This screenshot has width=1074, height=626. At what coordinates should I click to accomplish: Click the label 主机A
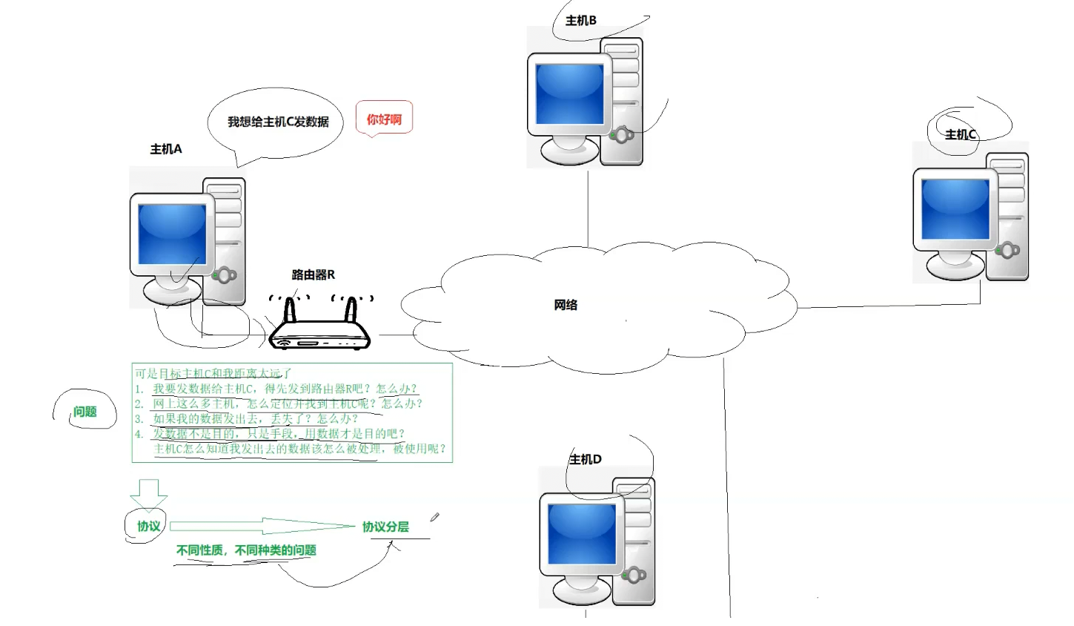click(x=166, y=149)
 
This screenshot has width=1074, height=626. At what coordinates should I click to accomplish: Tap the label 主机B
click(x=581, y=21)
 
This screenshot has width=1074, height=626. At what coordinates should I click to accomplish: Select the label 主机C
click(x=961, y=134)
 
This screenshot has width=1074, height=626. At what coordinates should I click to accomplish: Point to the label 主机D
click(x=586, y=459)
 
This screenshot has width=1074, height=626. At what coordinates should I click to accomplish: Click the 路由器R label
click(x=313, y=274)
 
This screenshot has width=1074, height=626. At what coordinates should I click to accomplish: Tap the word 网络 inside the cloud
click(x=566, y=305)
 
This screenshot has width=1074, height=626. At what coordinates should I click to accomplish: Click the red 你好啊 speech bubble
click(x=384, y=119)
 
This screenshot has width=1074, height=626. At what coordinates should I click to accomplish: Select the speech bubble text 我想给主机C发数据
click(x=278, y=122)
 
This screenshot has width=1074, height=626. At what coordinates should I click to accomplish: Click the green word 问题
click(x=85, y=412)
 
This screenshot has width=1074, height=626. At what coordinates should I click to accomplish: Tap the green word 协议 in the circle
click(x=148, y=526)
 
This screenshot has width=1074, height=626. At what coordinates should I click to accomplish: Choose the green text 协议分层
click(x=385, y=527)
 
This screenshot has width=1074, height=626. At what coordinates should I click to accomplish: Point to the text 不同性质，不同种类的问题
click(x=246, y=550)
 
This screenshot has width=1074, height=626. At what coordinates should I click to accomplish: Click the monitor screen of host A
click(x=172, y=234)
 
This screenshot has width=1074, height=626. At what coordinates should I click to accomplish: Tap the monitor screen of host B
click(x=569, y=93)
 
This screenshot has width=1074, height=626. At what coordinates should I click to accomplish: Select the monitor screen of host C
click(x=955, y=209)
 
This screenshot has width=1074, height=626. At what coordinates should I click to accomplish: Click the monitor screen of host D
click(x=582, y=534)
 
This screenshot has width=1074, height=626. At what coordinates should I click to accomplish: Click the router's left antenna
click(x=290, y=309)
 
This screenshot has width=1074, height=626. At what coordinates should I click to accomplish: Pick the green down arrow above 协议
click(x=148, y=494)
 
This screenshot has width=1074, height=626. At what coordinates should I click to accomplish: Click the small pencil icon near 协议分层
click(x=434, y=517)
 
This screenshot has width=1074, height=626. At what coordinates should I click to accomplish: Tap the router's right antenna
click(x=351, y=309)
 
